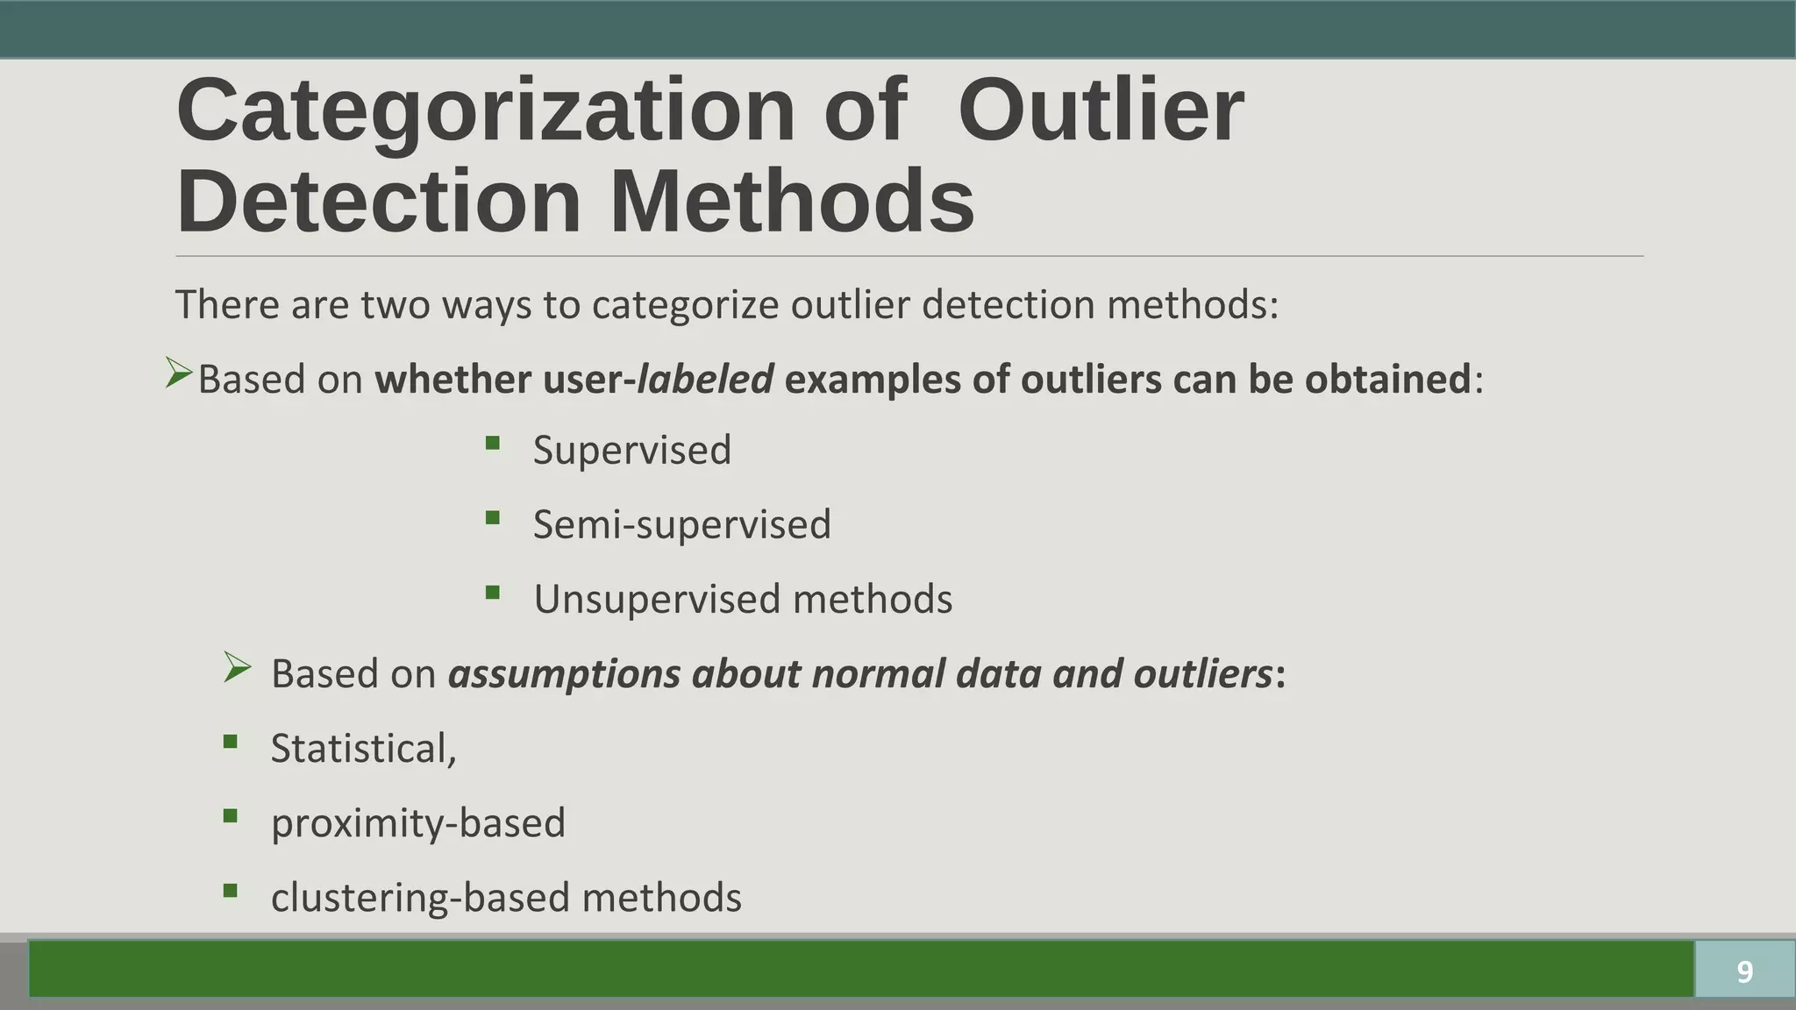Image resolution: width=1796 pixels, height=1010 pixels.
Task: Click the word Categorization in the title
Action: [484, 111]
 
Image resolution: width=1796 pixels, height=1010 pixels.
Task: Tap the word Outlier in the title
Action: [1101, 111]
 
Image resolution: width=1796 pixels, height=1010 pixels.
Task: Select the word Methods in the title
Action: [791, 202]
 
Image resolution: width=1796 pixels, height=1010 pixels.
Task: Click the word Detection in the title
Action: [378, 202]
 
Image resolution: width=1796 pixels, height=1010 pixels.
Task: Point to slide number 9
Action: [1744, 971]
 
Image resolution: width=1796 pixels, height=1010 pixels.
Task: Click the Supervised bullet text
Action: [631, 450]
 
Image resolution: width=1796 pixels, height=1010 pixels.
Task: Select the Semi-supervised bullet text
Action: [681, 524]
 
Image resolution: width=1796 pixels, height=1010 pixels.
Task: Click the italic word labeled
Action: [705, 380]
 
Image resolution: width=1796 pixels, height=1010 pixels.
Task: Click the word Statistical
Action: [362, 749]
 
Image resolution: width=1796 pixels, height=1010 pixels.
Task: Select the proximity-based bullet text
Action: [417, 823]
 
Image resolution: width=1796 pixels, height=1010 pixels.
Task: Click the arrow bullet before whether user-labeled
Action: [178, 374]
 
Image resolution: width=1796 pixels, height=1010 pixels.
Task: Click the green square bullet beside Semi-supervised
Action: [492, 518]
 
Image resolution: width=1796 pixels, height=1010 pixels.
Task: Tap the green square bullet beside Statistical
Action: [231, 743]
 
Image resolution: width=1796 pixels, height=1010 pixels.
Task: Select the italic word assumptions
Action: [564, 674]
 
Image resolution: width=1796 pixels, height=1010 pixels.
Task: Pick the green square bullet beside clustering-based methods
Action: [231, 892]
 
